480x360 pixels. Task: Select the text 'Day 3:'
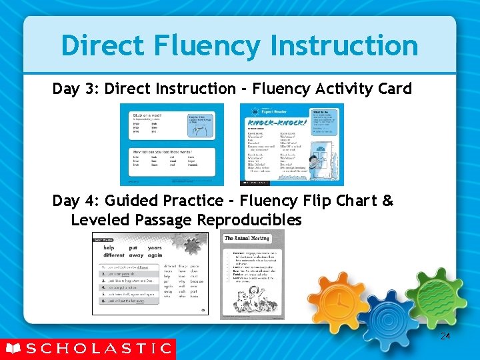pos(77,89)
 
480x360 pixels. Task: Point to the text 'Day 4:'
pos(77,201)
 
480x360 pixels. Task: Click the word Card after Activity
pos(394,89)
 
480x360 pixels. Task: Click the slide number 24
pos(445,337)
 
